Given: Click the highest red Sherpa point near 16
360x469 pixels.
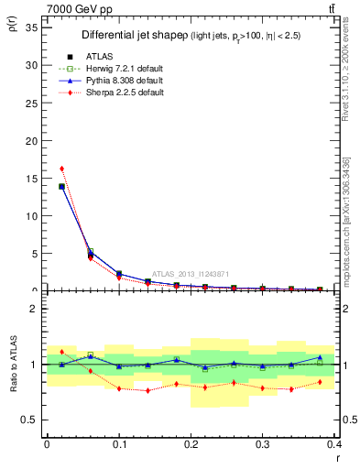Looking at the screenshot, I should [x=61, y=169].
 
